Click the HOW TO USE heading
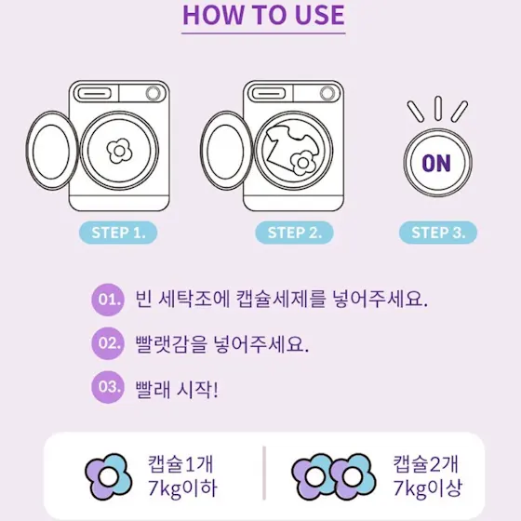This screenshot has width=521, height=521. click(x=263, y=15)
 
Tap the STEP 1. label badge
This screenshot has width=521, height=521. click(x=118, y=233)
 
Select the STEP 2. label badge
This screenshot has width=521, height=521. click(x=294, y=233)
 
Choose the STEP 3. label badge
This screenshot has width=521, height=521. click(x=438, y=233)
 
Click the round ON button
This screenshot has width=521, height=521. click(x=437, y=163)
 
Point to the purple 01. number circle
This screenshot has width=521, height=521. click(x=108, y=300)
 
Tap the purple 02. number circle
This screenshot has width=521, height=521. click(x=108, y=343)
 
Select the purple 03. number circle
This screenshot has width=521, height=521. click(x=108, y=387)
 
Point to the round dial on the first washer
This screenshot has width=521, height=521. click(x=154, y=93)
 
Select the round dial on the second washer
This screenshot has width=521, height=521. click(x=327, y=93)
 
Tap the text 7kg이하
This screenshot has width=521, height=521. click(x=182, y=488)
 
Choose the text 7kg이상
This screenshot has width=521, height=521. click(x=428, y=488)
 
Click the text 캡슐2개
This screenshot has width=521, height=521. click(x=426, y=464)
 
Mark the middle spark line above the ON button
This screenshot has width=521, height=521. click(x=438, y=108)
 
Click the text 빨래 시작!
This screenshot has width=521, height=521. click(x=177, y=389)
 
